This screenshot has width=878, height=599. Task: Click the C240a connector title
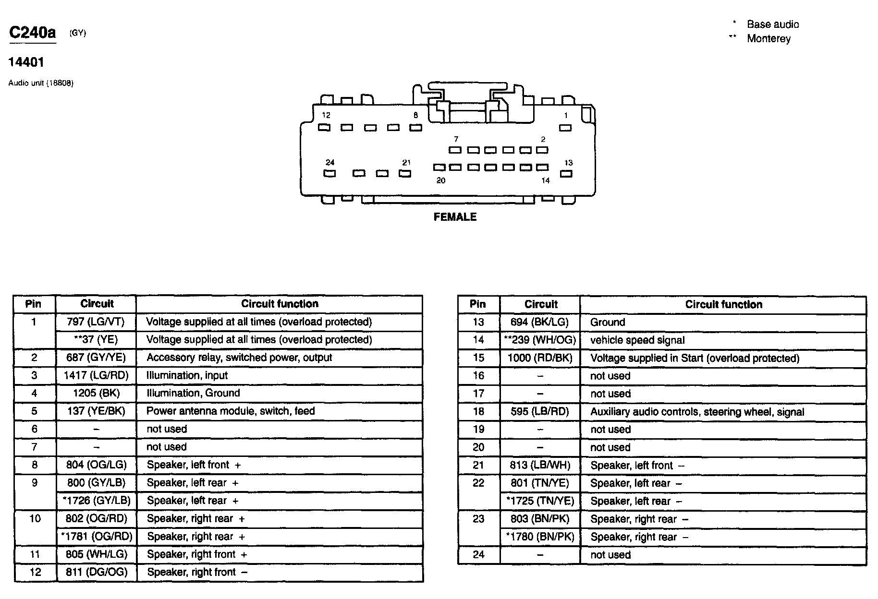point(33,33)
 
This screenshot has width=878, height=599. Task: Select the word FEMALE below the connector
point(455,217)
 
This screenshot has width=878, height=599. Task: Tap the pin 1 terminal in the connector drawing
point(566,128)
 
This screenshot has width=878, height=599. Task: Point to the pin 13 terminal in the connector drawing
point(567,174)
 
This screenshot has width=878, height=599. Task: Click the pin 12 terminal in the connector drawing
point(325,128)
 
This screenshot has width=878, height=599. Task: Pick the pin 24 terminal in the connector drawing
point(329,173)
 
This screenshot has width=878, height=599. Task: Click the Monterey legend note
point(768,39)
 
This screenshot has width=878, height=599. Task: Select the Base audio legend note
point(773,24)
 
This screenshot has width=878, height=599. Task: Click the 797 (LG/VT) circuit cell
point(96,322)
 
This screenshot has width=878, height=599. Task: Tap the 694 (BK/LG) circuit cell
point(540,322)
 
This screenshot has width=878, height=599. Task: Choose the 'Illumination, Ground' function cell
point(193,393)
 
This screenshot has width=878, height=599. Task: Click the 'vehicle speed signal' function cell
point(637,340)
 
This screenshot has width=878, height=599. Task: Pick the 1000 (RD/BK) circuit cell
point(540,358)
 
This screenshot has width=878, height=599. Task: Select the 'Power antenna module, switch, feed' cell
point(231,411)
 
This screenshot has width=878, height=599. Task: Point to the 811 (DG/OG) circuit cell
point(97,572)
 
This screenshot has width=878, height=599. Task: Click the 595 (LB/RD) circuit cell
point(540,412)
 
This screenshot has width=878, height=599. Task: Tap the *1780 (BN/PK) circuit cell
point(540,537)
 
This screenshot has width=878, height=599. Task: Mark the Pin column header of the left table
point(34,304)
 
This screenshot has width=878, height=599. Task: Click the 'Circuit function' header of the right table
point(723,304)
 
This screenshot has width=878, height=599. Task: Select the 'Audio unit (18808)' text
point(41,83)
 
